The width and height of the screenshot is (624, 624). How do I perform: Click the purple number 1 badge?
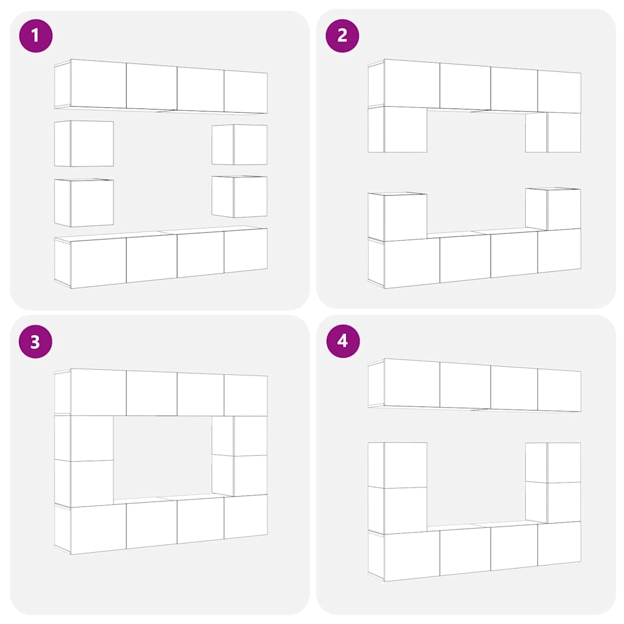[x=36, y=36]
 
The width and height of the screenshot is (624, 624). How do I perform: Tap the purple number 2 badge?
[x=342, y=36]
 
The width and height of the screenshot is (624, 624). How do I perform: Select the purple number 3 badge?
[x=35, y=341]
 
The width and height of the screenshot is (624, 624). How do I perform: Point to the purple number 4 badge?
[x=343, y=341]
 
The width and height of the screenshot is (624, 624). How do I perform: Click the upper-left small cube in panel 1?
[x=84, y=144]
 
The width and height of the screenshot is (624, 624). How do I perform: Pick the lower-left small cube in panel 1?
[x=84, y=202]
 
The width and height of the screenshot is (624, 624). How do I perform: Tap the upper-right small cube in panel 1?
[x=239, y=144]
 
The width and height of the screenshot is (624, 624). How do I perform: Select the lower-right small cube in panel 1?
[x=239, y=197]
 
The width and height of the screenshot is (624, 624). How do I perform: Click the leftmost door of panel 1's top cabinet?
[x=98, y=84]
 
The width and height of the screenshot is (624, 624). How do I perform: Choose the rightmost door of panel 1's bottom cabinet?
[x=246, y=250]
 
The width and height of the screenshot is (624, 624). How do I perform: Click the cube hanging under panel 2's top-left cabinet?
[x=397, y=129]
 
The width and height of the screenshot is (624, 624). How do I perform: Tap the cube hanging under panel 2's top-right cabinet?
[x=553, y=132]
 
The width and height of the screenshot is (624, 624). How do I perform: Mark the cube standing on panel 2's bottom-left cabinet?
[x=397, y=216]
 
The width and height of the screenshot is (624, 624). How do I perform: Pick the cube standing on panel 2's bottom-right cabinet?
[x=553, y=209]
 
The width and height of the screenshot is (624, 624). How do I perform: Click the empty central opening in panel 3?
[x=162, y=457]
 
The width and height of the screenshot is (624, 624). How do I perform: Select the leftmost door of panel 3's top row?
[x=98, y=392]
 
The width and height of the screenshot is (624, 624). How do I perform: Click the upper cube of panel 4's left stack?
[x=397, y=465]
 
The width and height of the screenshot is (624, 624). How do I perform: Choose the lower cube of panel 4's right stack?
[x=553, y=502]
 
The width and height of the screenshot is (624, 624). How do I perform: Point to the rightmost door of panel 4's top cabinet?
[x=559, y=390]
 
